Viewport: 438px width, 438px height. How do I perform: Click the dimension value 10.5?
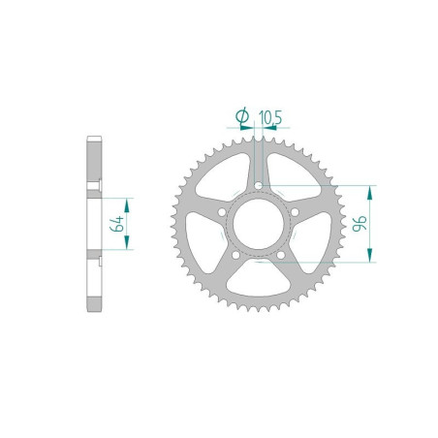pyautogui.click(x=270, y=118)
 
